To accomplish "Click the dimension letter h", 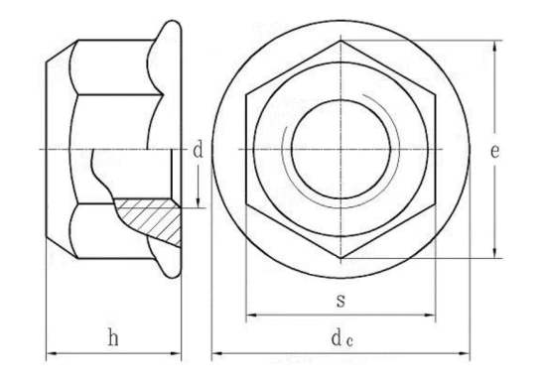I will coord(114,338).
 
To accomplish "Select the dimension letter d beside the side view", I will coord(198,151).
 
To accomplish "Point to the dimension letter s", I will coord(340,300).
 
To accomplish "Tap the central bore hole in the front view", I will coord(339,150).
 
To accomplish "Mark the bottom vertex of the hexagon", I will coord(339,258).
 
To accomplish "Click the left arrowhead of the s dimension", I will coord(250,317).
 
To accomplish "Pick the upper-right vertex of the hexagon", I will coord(434,95).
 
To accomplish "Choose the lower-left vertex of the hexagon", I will coord(246,204).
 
